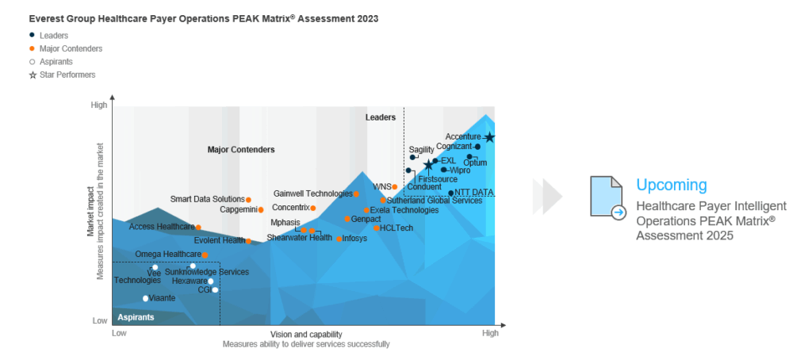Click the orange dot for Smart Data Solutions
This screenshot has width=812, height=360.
[x=248, y=200]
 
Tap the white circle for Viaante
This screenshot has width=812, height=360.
[x=146, y=298]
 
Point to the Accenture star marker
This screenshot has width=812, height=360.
[x=489, y=137]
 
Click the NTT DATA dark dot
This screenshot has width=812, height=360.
[x=451, y=193]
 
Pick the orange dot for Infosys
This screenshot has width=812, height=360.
[x=339, y=239]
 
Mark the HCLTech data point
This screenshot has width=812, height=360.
[x=377, y=228]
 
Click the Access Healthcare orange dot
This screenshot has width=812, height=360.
[x=198, y=228]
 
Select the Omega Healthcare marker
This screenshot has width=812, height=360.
[x=205, y=255]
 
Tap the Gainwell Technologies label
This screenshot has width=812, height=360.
[x=312, y=193]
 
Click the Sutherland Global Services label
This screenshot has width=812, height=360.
[x=434, y=201]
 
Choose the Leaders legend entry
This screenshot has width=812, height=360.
[x=53, y=36]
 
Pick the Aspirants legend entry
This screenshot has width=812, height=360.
[x=57, y=62]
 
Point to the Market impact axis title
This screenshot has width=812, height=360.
[x=90, y=211]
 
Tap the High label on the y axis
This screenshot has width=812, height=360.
[x=99, y=105]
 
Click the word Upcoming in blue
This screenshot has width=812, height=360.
[x=671, y=186]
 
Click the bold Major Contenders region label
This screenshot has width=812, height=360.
[x=241, y=149]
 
